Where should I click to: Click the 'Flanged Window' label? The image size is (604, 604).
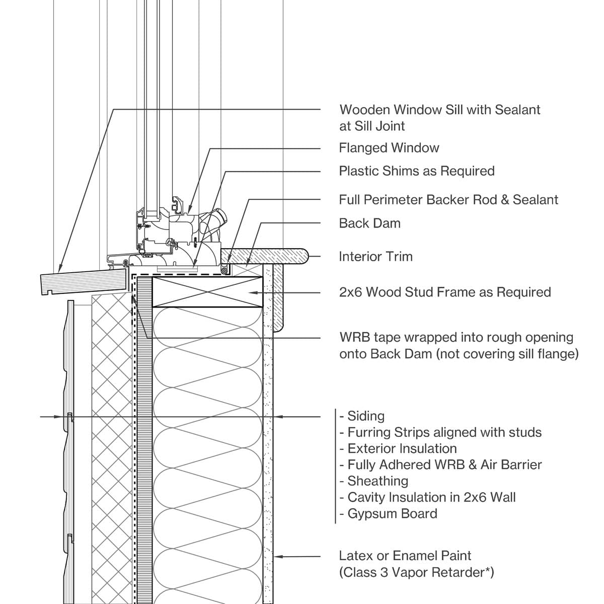(389, 148)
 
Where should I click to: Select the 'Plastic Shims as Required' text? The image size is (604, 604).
(416, 171)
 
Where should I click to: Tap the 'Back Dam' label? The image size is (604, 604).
(369, 223)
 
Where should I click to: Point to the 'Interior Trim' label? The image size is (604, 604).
(375, 257)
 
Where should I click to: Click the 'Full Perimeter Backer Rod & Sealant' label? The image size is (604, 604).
(448, 200)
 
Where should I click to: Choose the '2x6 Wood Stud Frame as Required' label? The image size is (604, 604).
(444, 292)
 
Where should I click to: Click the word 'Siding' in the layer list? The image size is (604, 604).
(365, 416)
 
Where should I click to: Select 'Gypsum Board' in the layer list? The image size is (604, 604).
(392, 514)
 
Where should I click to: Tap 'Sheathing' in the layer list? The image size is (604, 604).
(377, 481)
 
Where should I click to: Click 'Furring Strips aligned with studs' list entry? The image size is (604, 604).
(444, 432)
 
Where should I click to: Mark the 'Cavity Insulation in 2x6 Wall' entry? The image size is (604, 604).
(431, 497)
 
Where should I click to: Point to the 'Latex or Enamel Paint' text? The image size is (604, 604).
(405, 556)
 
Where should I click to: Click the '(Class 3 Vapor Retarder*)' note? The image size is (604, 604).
(416, 573)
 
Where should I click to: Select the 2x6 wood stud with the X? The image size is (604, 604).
(207, 292)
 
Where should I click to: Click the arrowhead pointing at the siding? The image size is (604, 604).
(63, 417)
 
